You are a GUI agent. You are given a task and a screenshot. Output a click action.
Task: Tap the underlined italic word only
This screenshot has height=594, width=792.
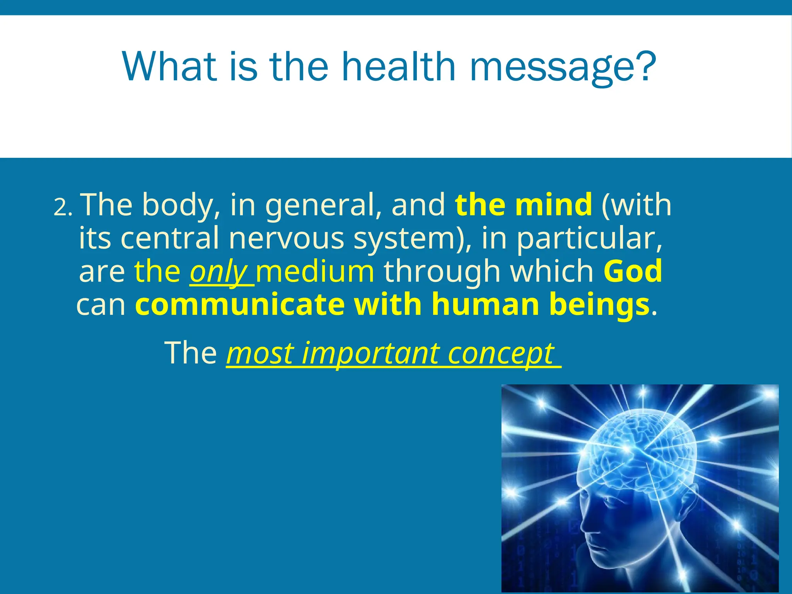[219, 272]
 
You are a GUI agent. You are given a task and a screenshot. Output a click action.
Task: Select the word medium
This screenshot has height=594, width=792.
[315, 271]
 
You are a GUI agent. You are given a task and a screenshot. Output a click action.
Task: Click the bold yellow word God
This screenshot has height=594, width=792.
[633, 271]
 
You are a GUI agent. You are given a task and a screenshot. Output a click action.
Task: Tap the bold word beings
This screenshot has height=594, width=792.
[599, 306]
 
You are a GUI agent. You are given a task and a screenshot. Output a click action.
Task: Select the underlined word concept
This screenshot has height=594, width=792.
[501, 353]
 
